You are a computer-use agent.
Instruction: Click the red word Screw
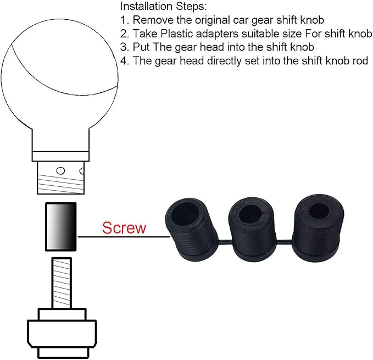pyautogui.click(x=124, y=228)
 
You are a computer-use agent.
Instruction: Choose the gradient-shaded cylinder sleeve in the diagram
pyautogui.click(x=60, y=225)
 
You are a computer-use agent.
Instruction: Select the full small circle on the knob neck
pyautogui.click(x=62, y=170)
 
